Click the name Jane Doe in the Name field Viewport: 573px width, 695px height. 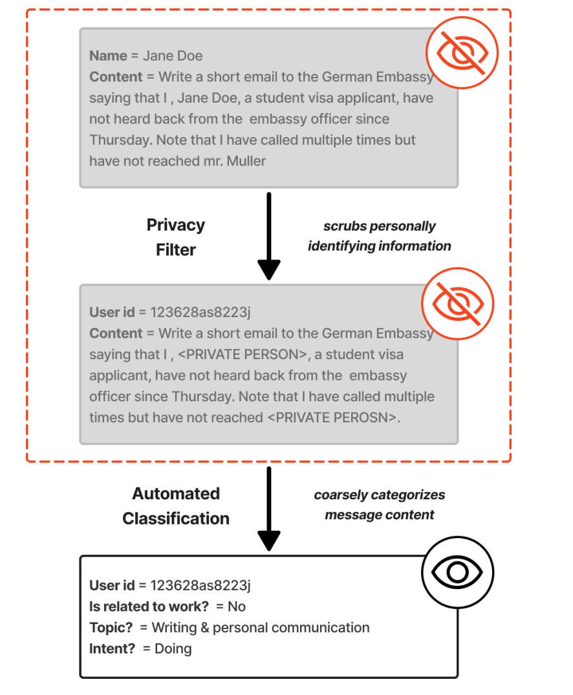click(173, 56)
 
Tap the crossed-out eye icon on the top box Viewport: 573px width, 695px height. click(462, 52)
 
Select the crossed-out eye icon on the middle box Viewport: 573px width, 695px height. click(457, 303)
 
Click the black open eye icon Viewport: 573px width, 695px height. click(457, 572)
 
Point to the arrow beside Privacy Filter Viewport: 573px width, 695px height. click(268, 235)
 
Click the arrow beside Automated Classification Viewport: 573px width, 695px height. click(268, 508)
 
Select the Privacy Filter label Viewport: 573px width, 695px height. click(175, 237)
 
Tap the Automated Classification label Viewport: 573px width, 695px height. click(176, 506)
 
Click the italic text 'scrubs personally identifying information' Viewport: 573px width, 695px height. click(380, 236)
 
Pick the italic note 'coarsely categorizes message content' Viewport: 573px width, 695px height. click(380, 504)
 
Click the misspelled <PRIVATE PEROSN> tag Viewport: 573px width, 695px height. click(332, 417)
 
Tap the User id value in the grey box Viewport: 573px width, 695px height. click(200, 313)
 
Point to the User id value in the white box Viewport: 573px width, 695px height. click(200, 586)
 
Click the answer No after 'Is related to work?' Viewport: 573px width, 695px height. click(237, 607)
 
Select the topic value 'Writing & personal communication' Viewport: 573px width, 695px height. click(261, 627)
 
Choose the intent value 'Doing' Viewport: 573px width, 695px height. click(173, 648)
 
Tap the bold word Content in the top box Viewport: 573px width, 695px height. click(116, 77)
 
